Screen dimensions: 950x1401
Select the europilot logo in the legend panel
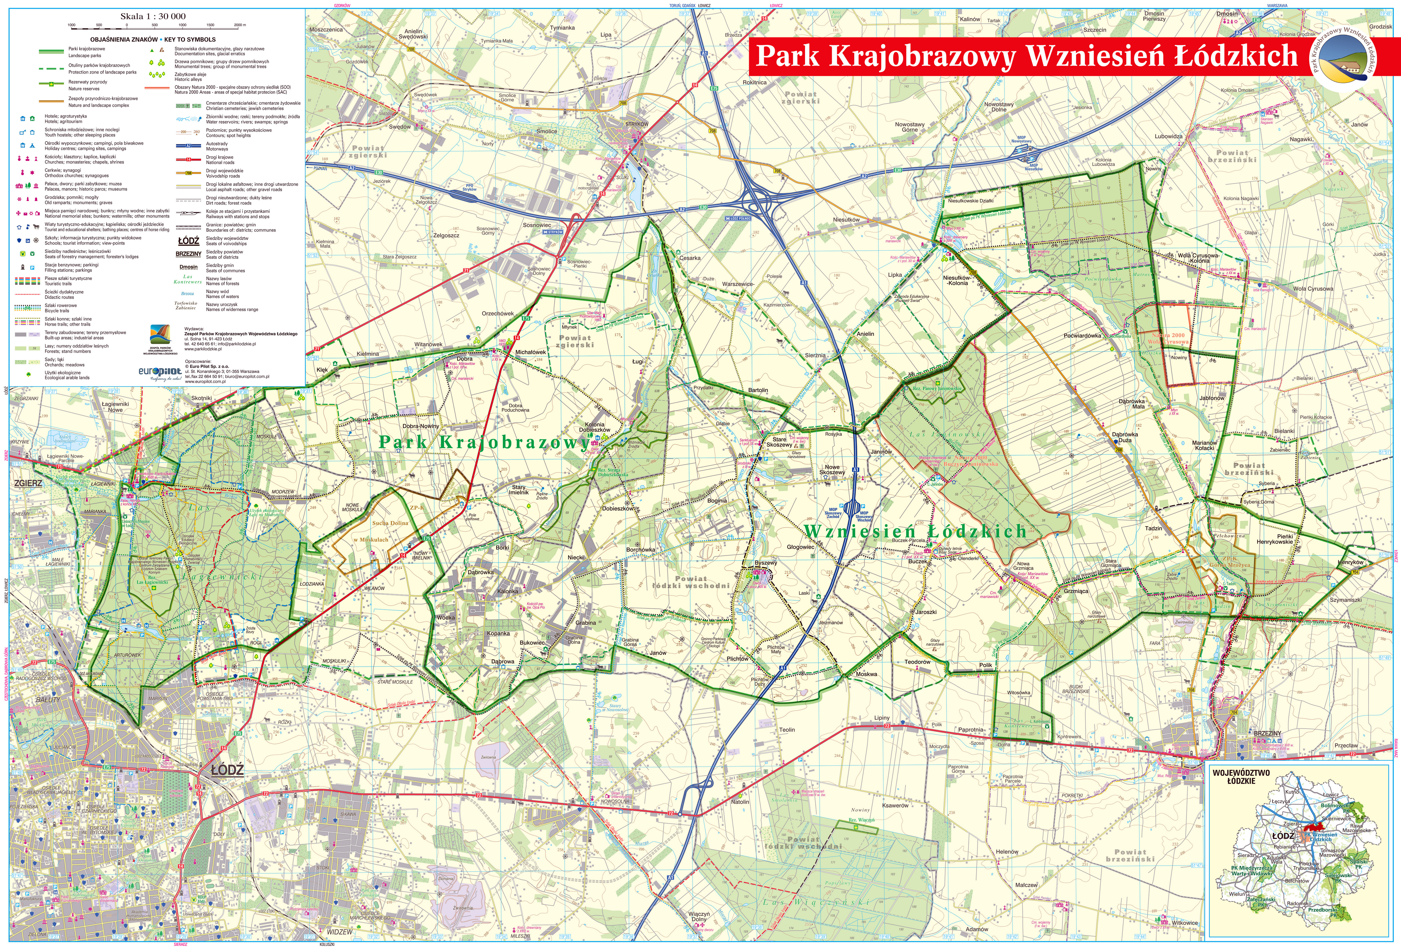[160, 371]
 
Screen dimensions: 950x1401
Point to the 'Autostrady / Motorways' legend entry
[217, 146]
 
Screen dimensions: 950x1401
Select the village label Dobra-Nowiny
[421, 426]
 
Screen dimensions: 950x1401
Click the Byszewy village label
[765, 563]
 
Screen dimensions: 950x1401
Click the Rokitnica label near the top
[754, 82]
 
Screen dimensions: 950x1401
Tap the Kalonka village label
[508, 591]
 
